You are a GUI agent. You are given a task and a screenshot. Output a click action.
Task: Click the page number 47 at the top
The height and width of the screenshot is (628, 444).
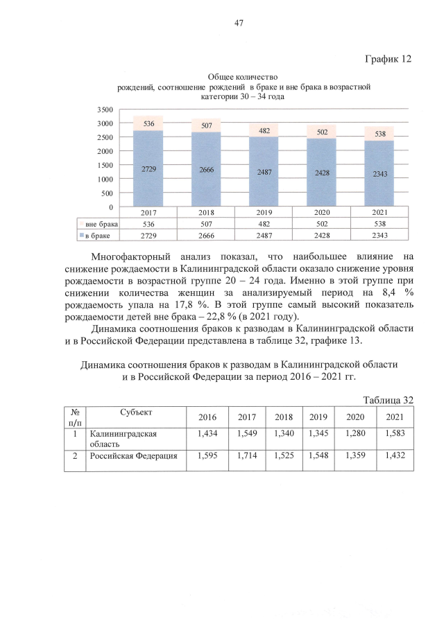(x=238, y=23)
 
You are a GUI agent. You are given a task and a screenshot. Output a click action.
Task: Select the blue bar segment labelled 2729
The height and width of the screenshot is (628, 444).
(x=148, y=168)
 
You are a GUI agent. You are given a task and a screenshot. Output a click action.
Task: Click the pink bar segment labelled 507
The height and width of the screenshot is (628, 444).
(x=207, y=125)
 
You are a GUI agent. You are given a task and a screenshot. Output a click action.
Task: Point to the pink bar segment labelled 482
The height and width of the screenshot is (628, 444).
(x=264, y=130)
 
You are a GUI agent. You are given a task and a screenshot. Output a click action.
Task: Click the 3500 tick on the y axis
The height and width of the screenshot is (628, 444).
(x=105, y=110)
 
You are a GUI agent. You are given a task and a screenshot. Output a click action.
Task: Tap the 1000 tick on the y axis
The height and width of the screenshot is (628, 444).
(x=105, y=179)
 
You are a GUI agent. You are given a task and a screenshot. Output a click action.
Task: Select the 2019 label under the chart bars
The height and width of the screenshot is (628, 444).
(x=264, y=213)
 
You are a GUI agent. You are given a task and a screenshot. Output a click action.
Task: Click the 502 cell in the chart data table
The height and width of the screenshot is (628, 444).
(x=322, y=225)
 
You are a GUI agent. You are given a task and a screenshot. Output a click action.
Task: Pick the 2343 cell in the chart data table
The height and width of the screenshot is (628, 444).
(x=379, y=236)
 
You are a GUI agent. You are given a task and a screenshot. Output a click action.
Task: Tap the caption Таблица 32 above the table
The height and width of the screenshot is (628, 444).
(x=388, y=400)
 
